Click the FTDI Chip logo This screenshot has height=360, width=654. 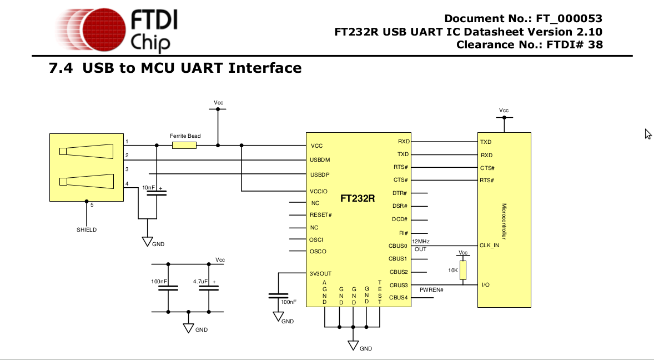coord(117,29)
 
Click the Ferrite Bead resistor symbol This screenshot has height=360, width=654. coord(184,146)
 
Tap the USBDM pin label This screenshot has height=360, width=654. coord(320,160)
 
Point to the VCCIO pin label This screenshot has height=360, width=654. coord(319,191)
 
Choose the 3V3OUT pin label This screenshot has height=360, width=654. coord(320,273)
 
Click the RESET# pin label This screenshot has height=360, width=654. coord(320,215)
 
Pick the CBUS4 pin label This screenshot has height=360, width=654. coord(398,298)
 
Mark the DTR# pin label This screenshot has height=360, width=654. coord(400,193)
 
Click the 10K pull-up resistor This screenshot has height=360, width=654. coord(463,270)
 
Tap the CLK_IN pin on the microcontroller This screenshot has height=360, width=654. coord(490,245)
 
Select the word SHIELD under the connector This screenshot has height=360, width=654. coord(87,229)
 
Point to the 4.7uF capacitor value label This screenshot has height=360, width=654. coord(200,282)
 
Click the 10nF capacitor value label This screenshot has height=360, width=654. coord(149,188)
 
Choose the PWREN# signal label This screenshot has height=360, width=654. coord(431,290)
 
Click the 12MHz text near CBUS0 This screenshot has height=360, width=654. coord(421,241)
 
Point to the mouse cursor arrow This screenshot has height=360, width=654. coord(647,133)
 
